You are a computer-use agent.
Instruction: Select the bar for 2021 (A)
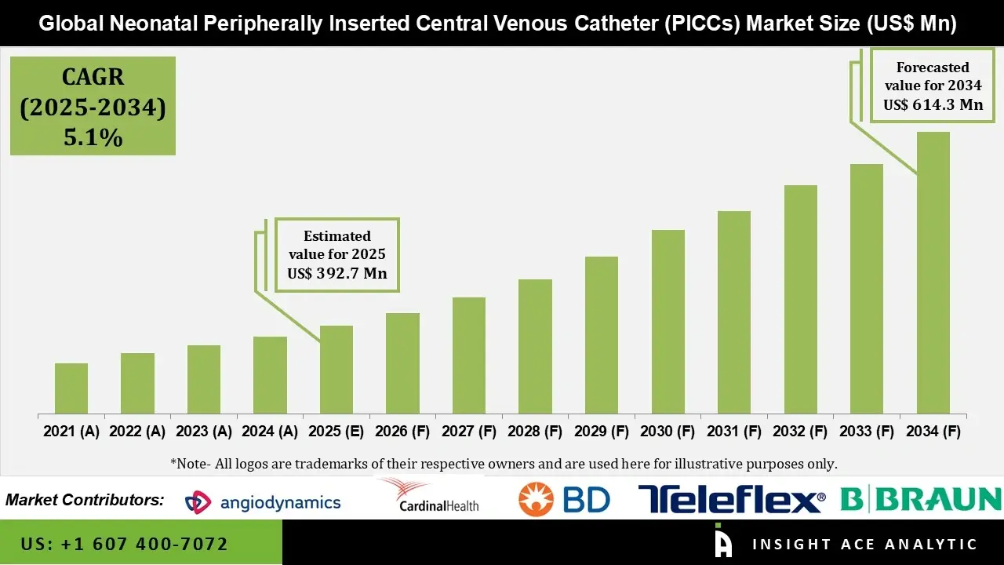[x=71, y=388]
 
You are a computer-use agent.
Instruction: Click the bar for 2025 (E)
[x=336, y=370]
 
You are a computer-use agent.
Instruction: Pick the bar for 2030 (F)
[x=668, y=322]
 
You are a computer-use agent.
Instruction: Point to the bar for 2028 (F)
[x=536, y=346]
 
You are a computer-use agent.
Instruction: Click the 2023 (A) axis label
[x=204, y=432]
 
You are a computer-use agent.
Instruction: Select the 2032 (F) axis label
[x=801, y=432]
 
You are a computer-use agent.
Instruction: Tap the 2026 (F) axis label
[x=403, y=432]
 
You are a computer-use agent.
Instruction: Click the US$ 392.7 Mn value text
[x=337, y=274]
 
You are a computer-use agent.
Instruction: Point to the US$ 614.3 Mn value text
[x=933, y=104]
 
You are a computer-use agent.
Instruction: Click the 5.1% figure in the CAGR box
[x=93, y=138]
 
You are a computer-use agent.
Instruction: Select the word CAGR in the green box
[x=93, y=77]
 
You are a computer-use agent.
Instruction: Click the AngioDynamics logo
[x=263, y=502]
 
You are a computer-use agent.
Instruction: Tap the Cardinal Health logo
[x=428, y=496]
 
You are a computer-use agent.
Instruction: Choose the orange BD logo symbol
[x=537, y=499]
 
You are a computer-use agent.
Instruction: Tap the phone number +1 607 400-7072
[x=125, y=544]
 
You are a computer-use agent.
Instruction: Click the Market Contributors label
[x=85, y=500]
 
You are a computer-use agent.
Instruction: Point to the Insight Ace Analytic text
[x=864, y=544]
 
